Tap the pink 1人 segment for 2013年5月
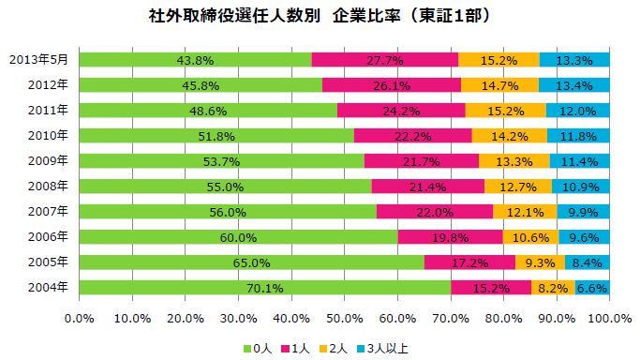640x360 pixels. (x=384, y=60)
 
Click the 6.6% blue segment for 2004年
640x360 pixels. (x=592, y=288)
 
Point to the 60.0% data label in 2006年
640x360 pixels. (x=238, y=237)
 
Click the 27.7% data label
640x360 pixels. (x=384, y=60)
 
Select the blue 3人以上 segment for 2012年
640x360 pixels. (x=573, y=85)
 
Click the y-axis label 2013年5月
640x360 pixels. (x=40, y=60)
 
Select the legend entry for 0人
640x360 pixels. (x=262, y=348)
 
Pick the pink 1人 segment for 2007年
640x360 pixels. (x=434, y=212)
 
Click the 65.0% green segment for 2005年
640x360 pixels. (x=251, y=262)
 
